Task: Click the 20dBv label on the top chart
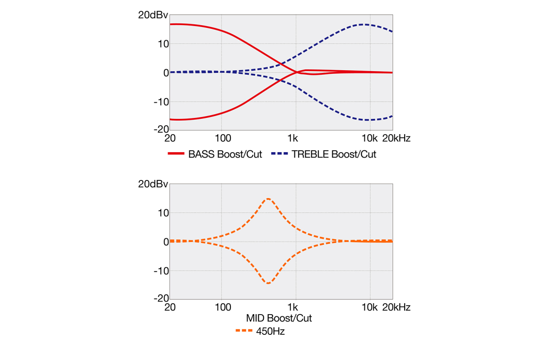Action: click(x=153, y=15)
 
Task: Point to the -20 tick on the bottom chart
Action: click(x=159, y=299)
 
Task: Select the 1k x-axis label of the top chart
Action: click(x=295, y=138)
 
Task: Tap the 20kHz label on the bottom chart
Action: click(x=396, y=307)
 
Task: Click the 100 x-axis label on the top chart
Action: click(x=221, y=138)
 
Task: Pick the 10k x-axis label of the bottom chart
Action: click(x=370, y=307)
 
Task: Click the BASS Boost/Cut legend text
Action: click(x=225, y=154)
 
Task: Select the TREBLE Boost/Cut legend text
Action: click(x=334, y=154)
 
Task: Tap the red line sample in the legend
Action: click(x=176, y=154)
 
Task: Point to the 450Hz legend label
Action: click(x=270, y=332)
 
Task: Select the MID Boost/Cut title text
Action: click(x=279, y=318)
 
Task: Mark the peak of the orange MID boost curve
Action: click(x=268, y=198)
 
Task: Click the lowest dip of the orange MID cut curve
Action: click(x=268, y=283)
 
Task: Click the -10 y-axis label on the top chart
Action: click(x=161, y=102)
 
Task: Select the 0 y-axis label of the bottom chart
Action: click(x=165, y=242)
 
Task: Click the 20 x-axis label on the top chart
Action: click(x=170, y=138)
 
